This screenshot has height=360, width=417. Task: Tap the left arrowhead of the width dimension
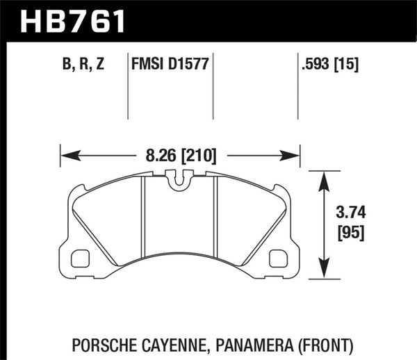click(x=67, y=154)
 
